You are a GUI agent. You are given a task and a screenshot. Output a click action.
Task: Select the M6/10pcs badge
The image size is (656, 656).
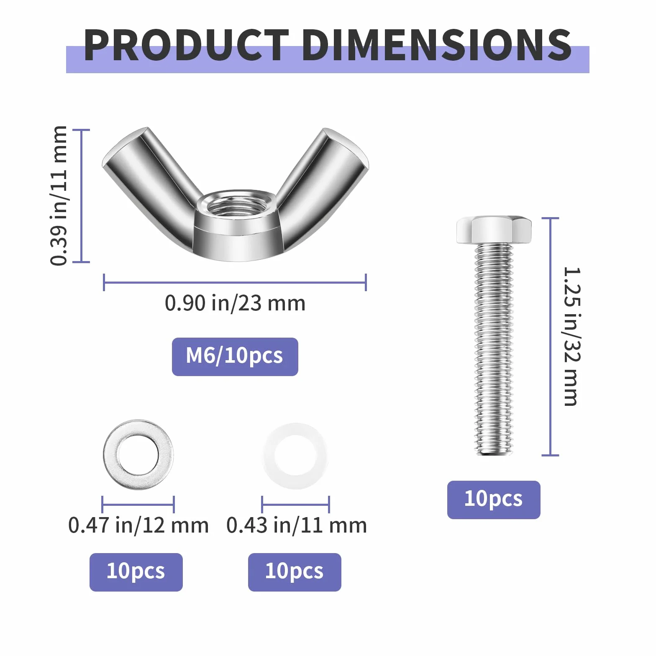[x=235, y=356]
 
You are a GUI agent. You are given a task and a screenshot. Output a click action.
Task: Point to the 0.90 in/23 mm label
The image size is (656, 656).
[x=235, y=303]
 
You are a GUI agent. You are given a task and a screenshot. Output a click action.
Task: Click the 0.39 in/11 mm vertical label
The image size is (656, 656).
[x=59, y=195]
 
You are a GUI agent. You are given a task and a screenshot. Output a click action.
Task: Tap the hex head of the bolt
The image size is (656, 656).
[x=494, y=230]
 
